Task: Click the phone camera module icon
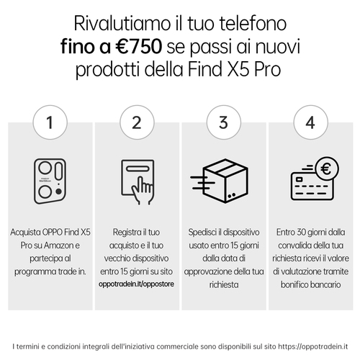[x=50, y=181]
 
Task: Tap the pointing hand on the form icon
[x=143, y=190]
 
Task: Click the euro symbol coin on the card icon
[x=326, y=168]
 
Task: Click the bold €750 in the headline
[x=138, y=46]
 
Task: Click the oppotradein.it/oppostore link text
[x=136, y=284]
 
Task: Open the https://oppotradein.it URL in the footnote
[x=312, y=346]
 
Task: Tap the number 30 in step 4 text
[x=302, y=233]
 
